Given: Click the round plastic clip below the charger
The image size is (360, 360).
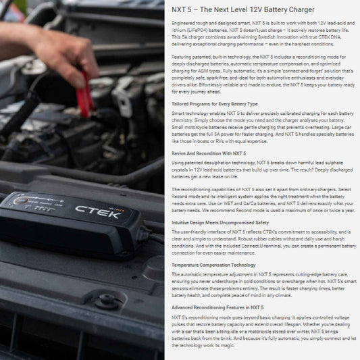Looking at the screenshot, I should point(109,301).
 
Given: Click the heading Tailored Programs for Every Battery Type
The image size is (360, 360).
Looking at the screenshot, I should point(214,103).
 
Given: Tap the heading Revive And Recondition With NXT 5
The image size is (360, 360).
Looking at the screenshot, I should point(208,153).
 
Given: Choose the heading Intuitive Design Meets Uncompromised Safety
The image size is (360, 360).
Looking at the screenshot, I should point(220,222).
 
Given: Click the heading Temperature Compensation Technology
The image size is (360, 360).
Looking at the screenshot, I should point(213,265).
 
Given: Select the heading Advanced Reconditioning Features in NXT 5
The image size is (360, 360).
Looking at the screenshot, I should point(217,307).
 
